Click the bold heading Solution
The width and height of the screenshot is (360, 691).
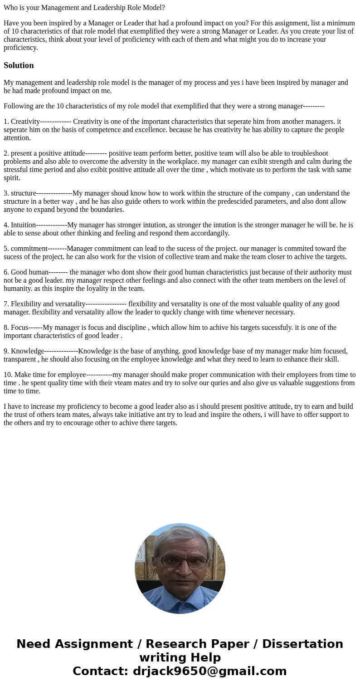point(19,65)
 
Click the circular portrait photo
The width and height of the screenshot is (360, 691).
point(180,568)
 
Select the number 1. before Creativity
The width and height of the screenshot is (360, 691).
point(6,122)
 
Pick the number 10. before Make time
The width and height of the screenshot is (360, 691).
point(8,375)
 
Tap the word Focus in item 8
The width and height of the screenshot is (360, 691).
point(19,328)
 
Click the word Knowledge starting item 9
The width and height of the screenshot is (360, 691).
point(28,351)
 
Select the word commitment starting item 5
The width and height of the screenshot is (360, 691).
point(29,249)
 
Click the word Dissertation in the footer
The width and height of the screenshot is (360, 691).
point(302,644)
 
